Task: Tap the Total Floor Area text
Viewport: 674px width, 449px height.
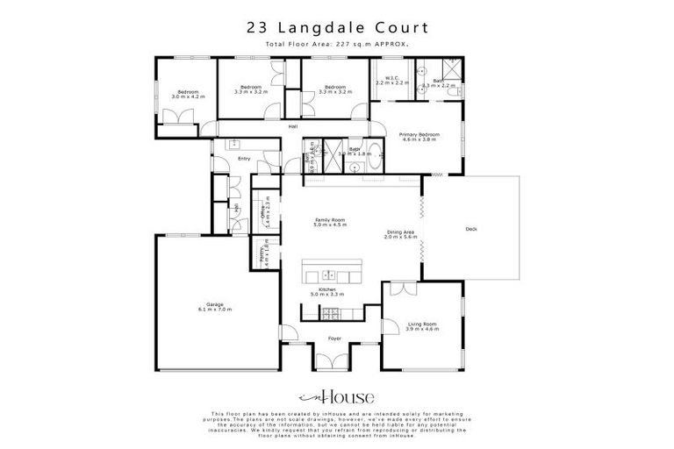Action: coord(337,43)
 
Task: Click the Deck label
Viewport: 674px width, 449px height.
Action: coord(470,231)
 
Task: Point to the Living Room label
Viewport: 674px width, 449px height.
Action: coord(422,324)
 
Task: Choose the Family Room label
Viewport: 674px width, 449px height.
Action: coord(330,219)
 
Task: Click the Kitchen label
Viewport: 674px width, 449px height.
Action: coord(327,289)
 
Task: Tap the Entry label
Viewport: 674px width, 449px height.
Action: coord(244,159)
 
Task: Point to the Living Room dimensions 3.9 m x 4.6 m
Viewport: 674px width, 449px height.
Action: coord(422,331)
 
